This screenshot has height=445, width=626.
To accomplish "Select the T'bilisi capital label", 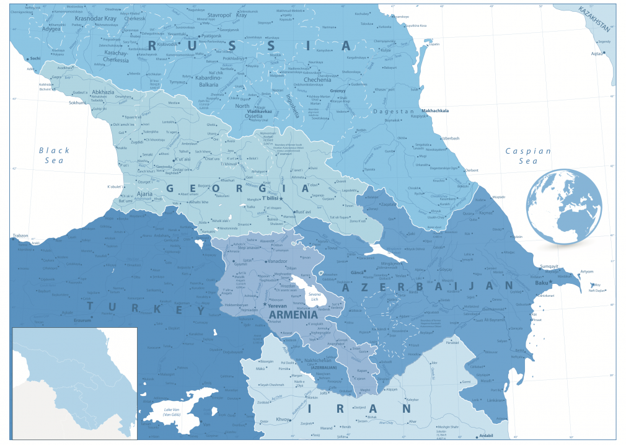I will pos(271,198).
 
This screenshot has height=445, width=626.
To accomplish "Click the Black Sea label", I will pos(55,155).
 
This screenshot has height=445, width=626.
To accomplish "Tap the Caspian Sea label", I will pos(527,156).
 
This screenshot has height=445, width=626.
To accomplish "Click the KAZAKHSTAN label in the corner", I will pos(595,19).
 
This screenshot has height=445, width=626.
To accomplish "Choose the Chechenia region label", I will pos(317,80).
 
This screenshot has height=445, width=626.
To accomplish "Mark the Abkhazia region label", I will pos(102,92).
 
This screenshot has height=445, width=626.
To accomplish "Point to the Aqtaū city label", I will pos(597,54).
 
